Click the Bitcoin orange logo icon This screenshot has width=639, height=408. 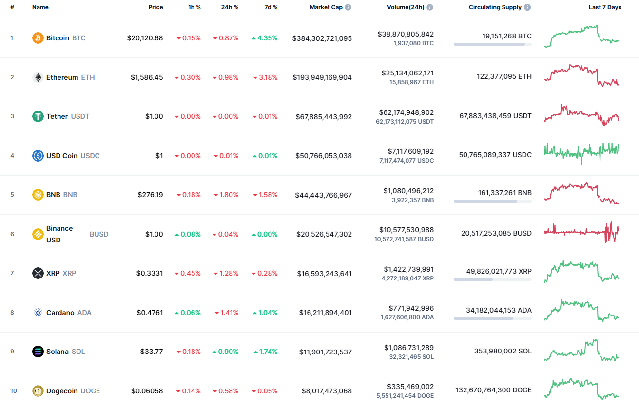(x=38, y=38)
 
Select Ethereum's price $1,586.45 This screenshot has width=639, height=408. (x=147, y=77)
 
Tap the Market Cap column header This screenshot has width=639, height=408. (x=326, y=7)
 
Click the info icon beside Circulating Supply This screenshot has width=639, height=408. (x=528, y=7)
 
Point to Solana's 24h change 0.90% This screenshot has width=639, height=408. (x=226, y=352)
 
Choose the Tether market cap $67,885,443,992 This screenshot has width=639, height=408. (x=324, y=117)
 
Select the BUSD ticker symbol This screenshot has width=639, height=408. (x=99, y=234)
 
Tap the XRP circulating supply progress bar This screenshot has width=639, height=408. (x=492, y=279)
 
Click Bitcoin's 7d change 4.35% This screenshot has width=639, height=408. (x=265, y=38)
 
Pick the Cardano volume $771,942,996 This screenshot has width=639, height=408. (x=411, y=308)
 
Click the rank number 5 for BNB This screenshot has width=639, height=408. (x=12, y=195)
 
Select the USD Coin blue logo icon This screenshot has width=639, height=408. (x=38, y=156)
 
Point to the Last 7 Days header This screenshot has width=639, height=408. (x=605, y=7)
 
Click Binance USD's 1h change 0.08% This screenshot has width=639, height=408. (x=188, y=234)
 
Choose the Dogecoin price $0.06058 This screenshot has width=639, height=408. (x=147, y=391)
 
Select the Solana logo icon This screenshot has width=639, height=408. (x=38, y=352)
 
